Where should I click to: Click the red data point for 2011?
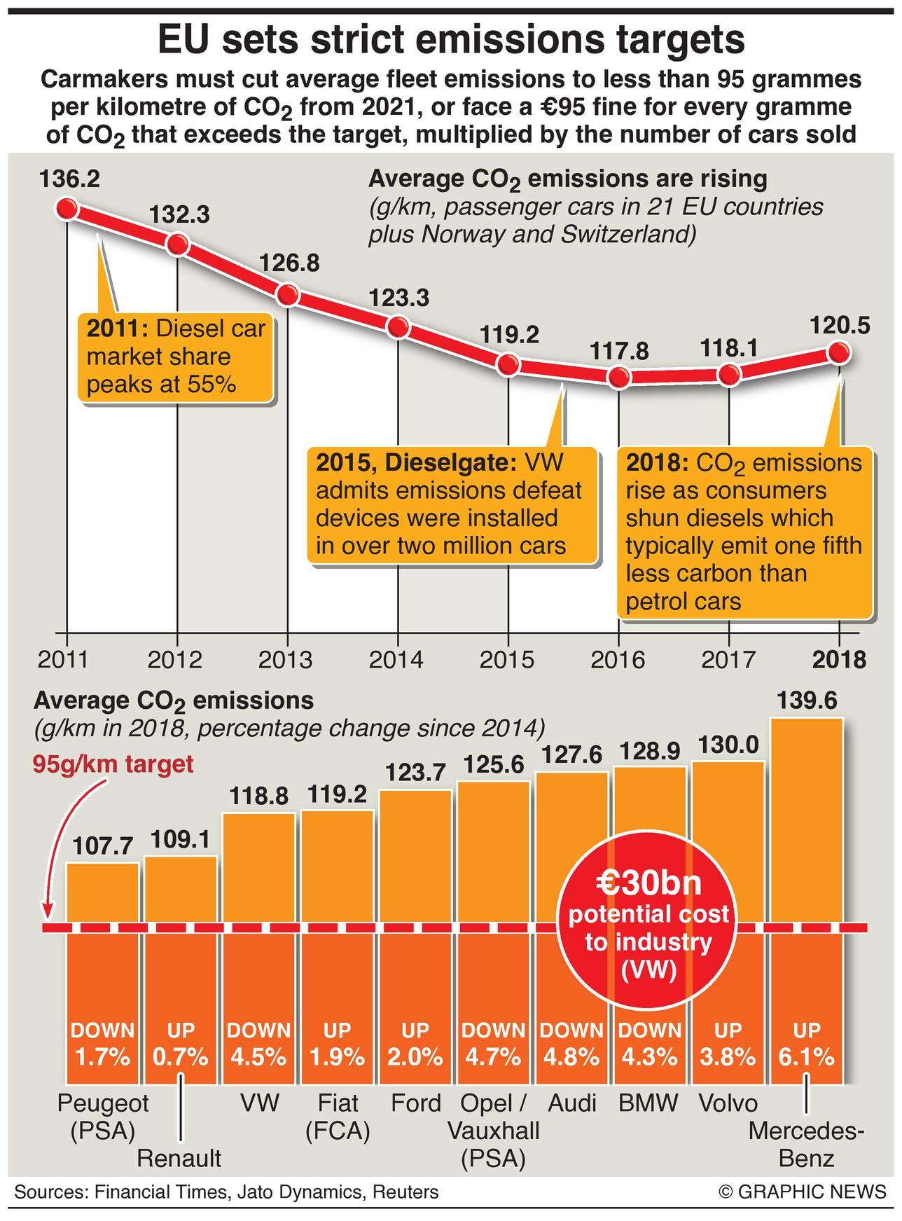[x=67, y=209]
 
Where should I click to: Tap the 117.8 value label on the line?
[x=619, y=350]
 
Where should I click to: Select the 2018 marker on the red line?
[x=839, y=353]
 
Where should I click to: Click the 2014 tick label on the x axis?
[x=397, y=660]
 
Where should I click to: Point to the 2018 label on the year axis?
[x=839, y=660]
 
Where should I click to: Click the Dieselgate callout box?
[x=452, y=505]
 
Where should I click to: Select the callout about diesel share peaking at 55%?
[x=175, y=357]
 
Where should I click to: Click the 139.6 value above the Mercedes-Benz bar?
[x=807, y=701]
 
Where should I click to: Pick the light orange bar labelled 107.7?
[x=103, y=892]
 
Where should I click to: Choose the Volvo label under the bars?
[x=728, y=1103]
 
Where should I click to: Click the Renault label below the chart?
[x=179, y=1159]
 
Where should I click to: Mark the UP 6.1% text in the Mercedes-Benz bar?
[x=807, y=1044]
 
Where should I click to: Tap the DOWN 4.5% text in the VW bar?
[x=259, y=1044]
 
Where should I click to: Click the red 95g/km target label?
[x=113, y=764]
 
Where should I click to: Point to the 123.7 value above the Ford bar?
[x=415, y=772]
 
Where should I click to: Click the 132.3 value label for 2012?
[x=179, y=214]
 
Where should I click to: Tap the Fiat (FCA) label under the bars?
[x=338, y=1117]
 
